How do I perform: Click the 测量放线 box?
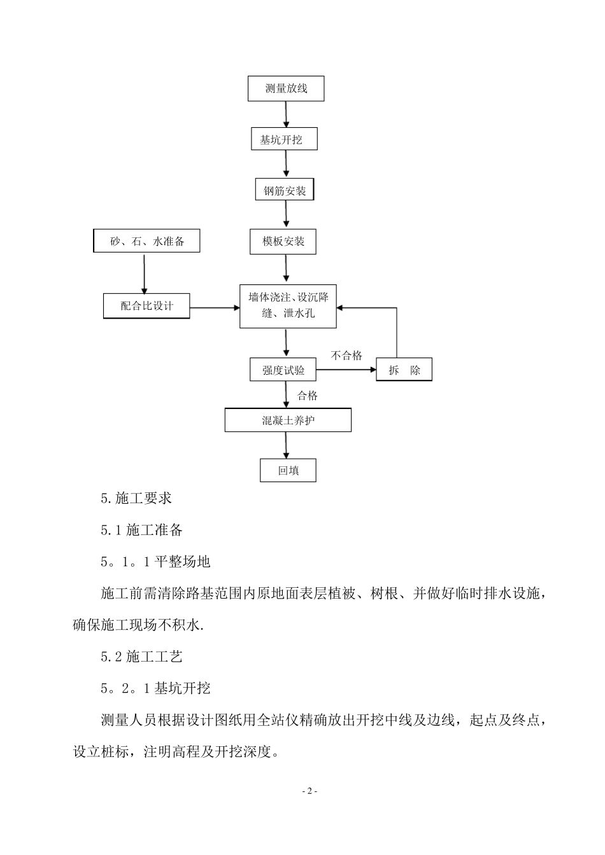pyautogui.click(x=286, y=88)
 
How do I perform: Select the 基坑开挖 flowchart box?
pyautogui.click(x=283, y=139)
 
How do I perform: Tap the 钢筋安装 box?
pyautogui.click(x=285, y=190)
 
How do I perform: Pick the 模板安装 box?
pyautogui.click(x=283, y=241)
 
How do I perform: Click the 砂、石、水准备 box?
pyautogui.click(x=146, y=241)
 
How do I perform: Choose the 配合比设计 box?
pyautogui.click(x=146, y=306)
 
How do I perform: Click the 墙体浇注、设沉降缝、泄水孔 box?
pyautogui.click(x=288, y=306)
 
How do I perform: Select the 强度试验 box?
pyautogui.click(x=283, y=370)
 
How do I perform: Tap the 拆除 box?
pyautogui.click(x=404, y=370)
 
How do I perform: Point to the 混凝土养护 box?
pyautogui.click(x=288, y=421)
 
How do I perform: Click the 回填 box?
pyautogui.click(x=288, y=471)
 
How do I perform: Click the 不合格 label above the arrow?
pyautogui.click(x=346, y=356)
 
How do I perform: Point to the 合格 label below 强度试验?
pyautogui.click(x=308, y=396)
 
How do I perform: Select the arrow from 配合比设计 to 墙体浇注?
pyautogui.click(x=215, y=308)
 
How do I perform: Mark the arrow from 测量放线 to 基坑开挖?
pyautogui.click(x=286, y=115)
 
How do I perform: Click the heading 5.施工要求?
pyautogui.click(x=136, y=499)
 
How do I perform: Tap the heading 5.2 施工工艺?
pyautogui.click(x=141, y=657)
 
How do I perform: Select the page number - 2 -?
pyautogui.click(x=309, y=791)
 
